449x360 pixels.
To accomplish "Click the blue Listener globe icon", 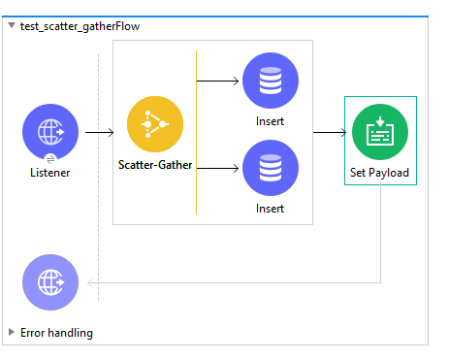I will point(50,132).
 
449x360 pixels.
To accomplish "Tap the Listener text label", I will point(50,172).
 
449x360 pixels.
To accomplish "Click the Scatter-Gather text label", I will point(155,165).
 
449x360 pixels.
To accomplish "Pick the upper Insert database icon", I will point(271,81).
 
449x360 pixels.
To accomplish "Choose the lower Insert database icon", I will point(271,168).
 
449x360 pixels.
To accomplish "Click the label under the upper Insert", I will point(271,121).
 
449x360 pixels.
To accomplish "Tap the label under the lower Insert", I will point(271,208).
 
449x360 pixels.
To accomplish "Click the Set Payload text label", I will point(380,173).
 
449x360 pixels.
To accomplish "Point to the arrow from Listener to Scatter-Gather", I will point(99,131).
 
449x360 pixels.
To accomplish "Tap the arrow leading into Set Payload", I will point(330,131).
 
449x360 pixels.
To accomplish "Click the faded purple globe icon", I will point(50,283).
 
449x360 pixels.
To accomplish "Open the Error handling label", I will point(56,333).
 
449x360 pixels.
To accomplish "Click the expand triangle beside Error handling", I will point(12,333).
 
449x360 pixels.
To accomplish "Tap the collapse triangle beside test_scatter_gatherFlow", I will point(12,26).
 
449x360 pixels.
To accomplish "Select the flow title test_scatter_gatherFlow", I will point(80,26).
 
